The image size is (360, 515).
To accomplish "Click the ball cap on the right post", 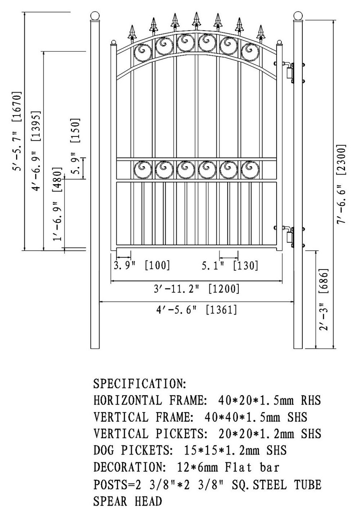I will click(x=298, y=16).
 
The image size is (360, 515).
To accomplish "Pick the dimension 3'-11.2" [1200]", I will click(x=197, y=289).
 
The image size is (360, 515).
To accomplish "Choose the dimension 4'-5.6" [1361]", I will click(x=197, y=310).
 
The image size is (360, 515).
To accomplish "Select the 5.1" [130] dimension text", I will click(x=230, y=266).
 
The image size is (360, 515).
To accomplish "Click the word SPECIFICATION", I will click(x=139, y=383).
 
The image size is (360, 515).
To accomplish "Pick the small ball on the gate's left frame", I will click(x=114, y=43).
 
